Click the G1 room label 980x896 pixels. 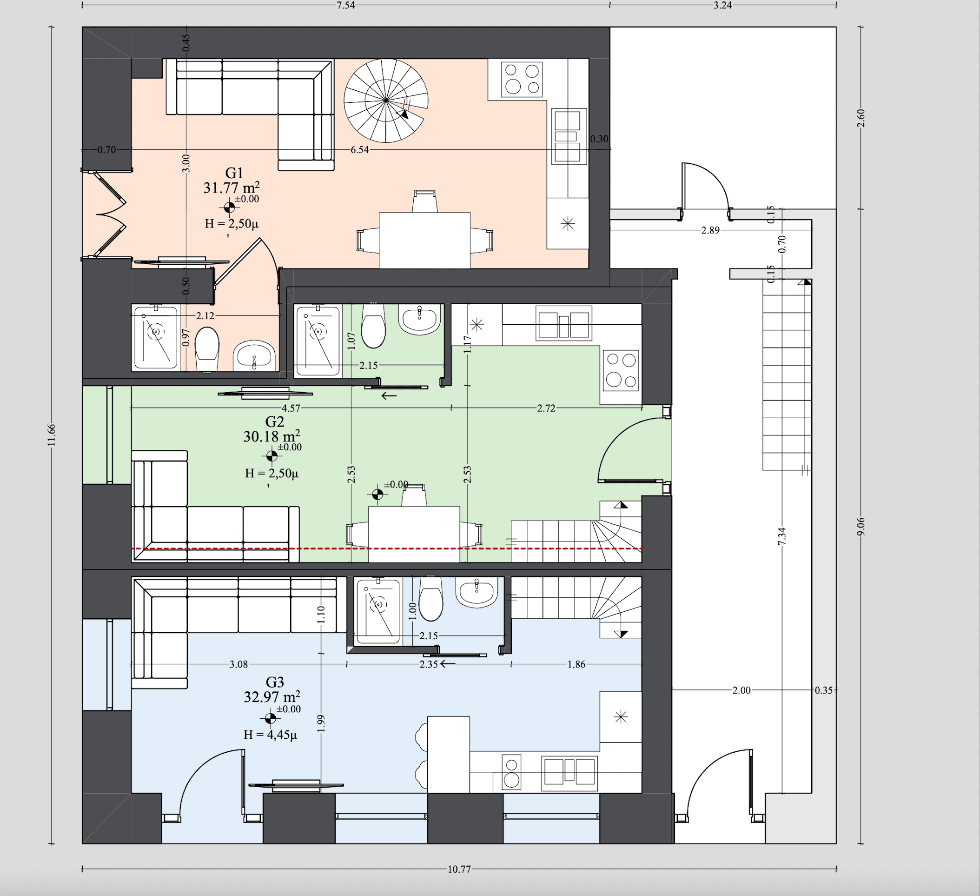pos(234,173)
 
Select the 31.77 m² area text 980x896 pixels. pos(232,187)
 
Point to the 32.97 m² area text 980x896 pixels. pos(272,696)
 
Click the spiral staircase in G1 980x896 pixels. pos(386,100)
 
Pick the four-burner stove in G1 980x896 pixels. pos(522,79)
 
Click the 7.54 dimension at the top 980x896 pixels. pos(345,6)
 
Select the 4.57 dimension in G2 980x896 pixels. pos(291,408)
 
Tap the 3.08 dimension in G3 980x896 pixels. pos(238,664)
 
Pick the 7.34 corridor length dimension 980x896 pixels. pos(781,536)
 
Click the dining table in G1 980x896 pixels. pos(425,241)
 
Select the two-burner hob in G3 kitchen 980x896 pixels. pos(511,772)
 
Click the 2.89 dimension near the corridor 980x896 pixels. pos(710,230)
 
